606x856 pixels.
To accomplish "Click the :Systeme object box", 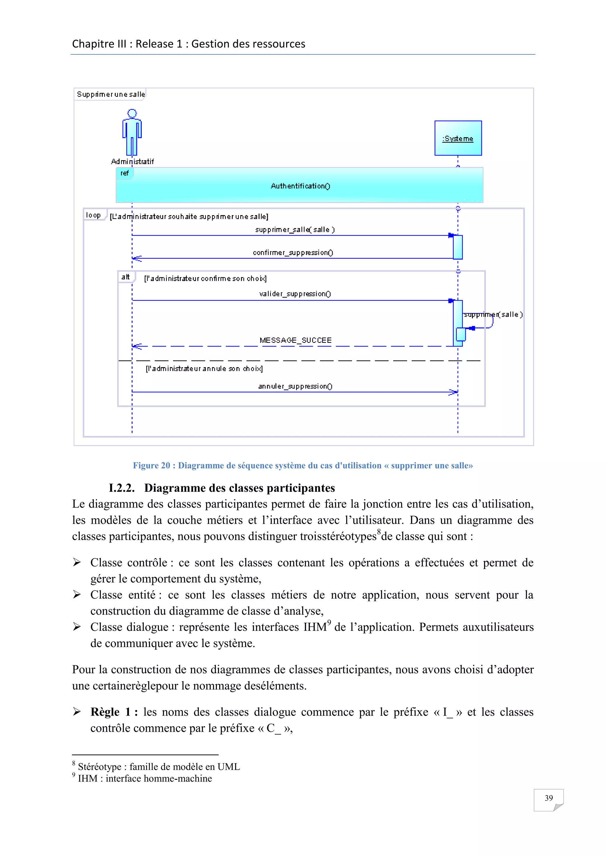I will tap(458, 138).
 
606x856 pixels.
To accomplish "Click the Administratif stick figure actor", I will tap(132, 132).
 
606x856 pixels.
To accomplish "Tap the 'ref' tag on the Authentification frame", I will tap(124, 174).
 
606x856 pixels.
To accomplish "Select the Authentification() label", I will tap(300, 186).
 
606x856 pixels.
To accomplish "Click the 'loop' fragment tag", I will tap(93, 215).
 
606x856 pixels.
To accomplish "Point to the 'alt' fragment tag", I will tap(125, 277).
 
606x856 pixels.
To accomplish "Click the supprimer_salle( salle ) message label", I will tap(295, 230).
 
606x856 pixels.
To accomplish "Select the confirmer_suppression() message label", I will tap(293, 252).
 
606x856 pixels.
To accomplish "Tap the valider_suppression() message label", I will tap(295, 294).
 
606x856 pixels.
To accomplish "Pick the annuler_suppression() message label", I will tap(295, 386).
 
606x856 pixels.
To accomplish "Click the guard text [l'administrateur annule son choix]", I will tap(204, 369).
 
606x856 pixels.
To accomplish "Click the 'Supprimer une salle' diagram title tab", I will tap(110, 94).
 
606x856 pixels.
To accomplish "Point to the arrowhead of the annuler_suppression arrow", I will tap(453, 392).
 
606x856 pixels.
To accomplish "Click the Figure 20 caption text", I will tap(303, 465).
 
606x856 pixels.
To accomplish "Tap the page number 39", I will tap(549, 798).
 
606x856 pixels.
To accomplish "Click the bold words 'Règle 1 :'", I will tap(114, 712).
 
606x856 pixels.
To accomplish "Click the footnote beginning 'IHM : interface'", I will tap(144, 779).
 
